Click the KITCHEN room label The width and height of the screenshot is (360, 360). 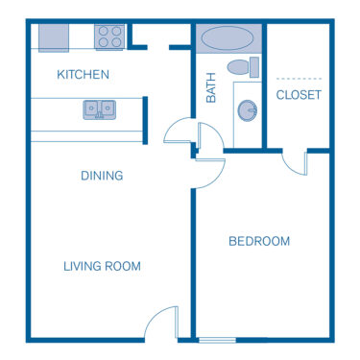click(83, 74)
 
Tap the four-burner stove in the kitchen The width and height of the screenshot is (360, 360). click(108, 37)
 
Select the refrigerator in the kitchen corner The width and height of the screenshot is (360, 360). click(54, 37)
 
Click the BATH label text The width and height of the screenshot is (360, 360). click(211, 89)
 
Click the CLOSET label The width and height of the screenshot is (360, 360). click(299, 95)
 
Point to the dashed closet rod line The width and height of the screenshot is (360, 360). click(299, 78)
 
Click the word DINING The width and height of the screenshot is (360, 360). click(101, 176)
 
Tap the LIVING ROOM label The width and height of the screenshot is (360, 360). click(103, 266)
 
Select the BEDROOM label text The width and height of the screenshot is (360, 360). click(259, 241)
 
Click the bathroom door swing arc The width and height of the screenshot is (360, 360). click(179, 131)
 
